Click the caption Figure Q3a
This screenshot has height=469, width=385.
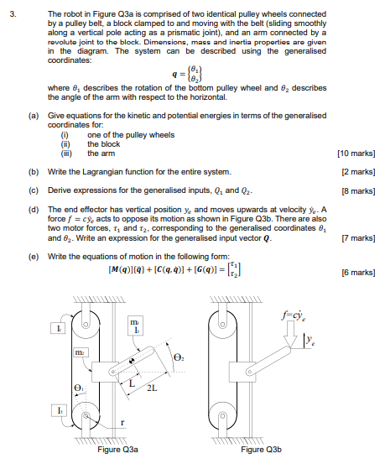117,450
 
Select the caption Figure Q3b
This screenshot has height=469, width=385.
261,450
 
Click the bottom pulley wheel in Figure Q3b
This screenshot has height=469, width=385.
217,416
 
